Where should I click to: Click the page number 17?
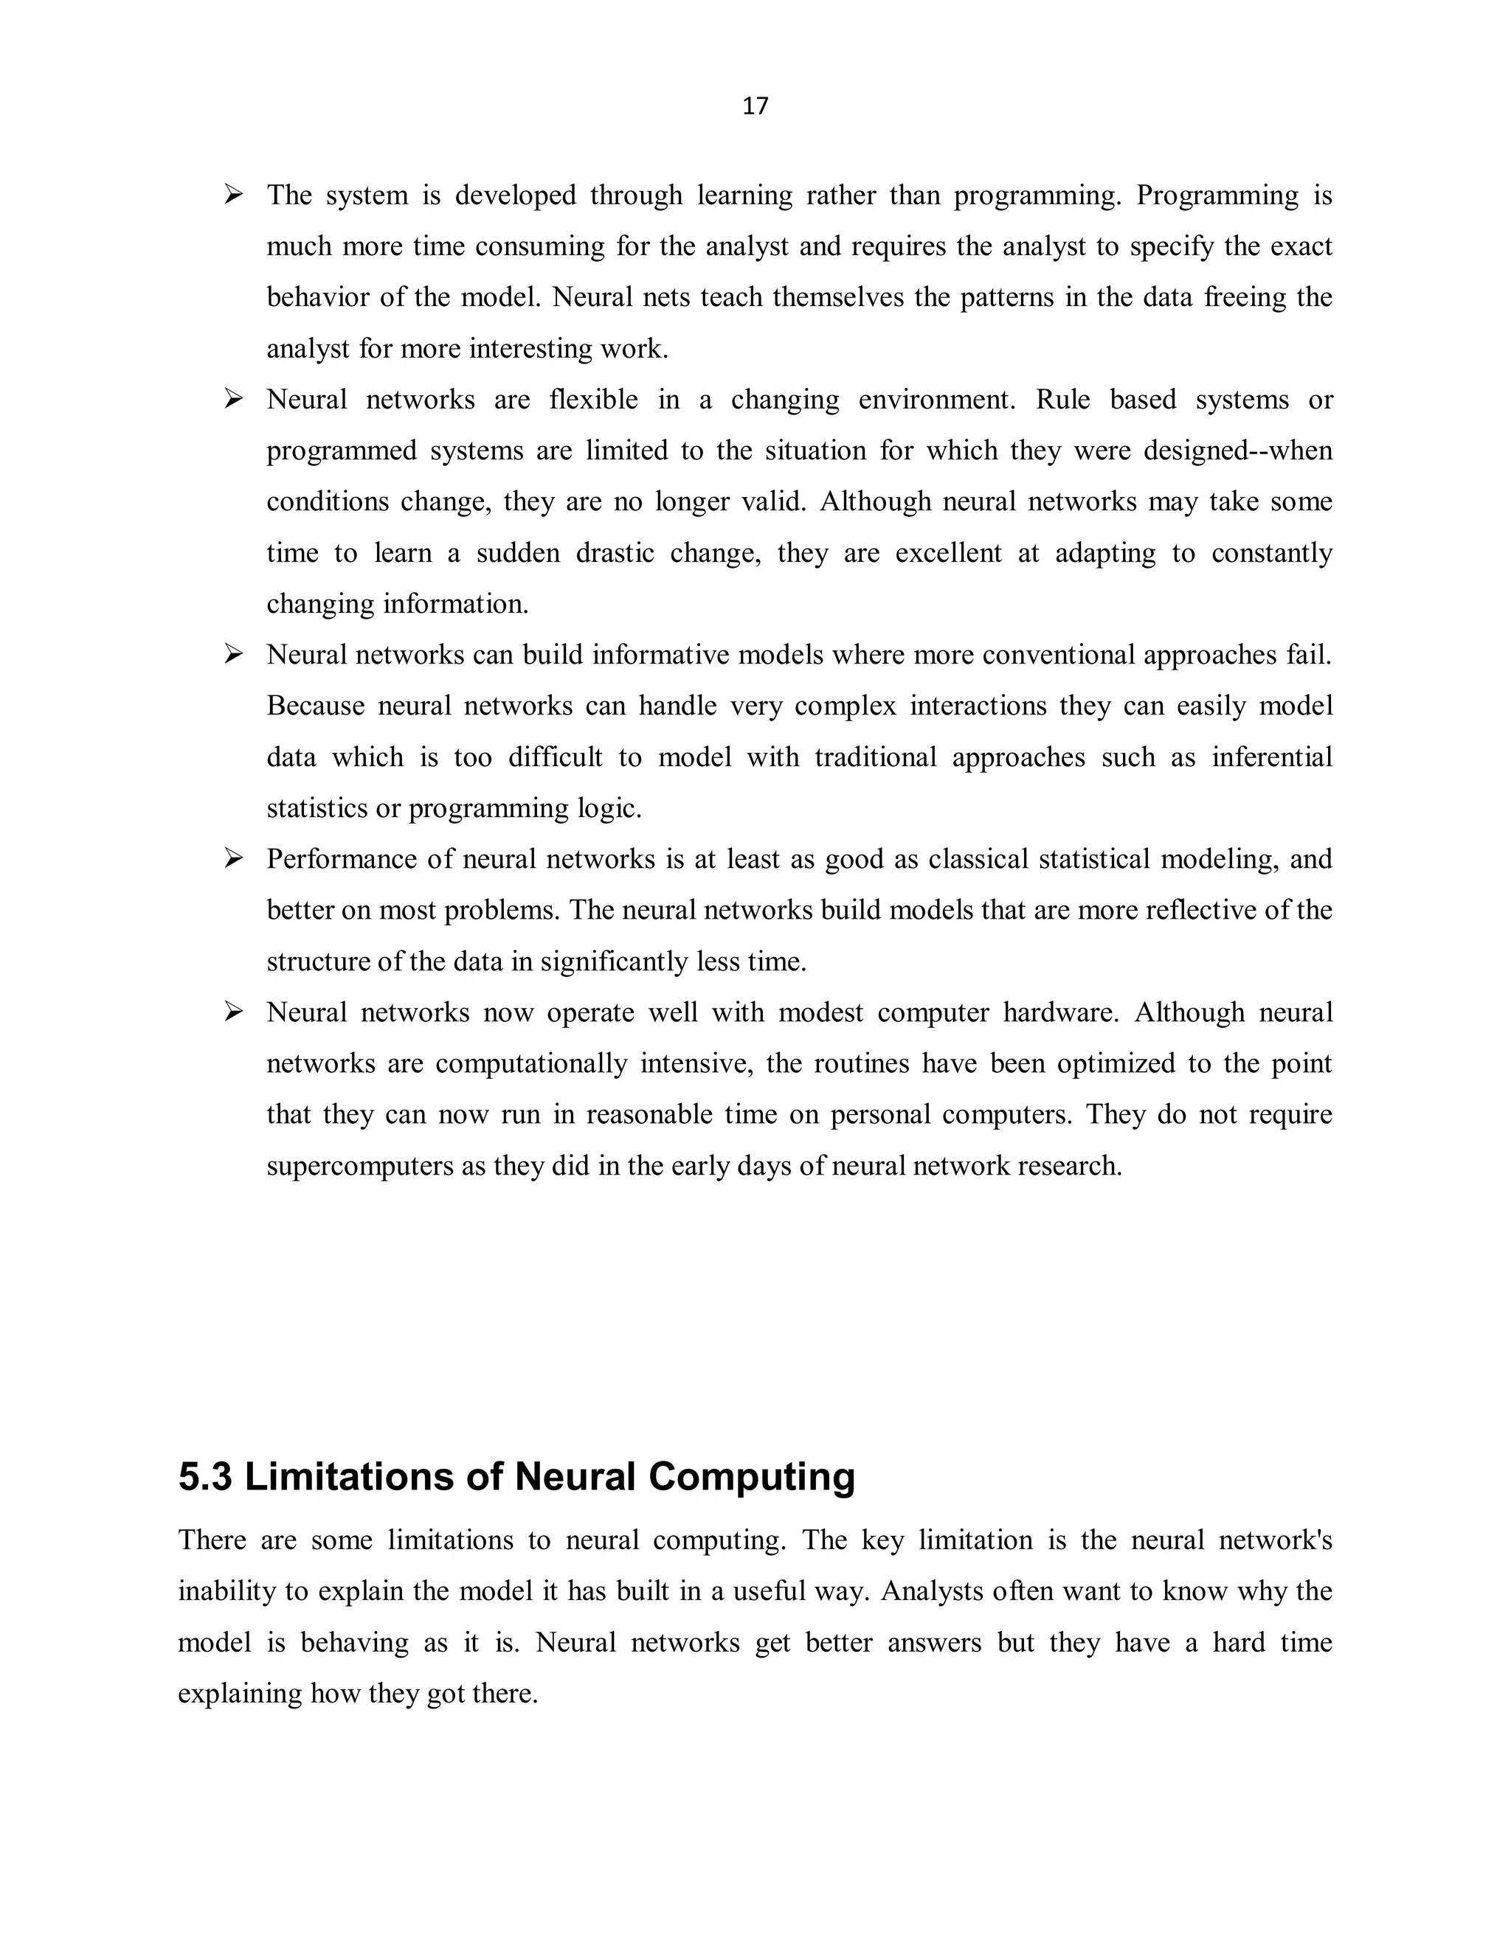click(x=755, y=106)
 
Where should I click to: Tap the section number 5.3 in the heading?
click(x=205, y=1477)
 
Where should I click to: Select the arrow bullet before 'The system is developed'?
click(x=234, y=194)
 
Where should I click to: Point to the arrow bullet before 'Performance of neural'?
click(x=234, y=859)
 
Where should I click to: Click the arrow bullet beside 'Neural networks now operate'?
click(x=234, y=1012)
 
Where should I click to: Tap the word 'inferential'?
click(x=1272, y=757)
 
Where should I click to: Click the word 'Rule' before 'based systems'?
click(x=1063, y=399)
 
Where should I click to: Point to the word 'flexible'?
click(x=593, y=399)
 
